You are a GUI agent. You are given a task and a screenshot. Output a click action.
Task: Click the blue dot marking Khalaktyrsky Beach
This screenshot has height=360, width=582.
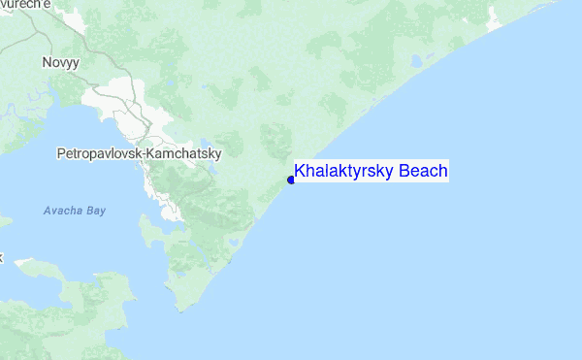click(291, 180)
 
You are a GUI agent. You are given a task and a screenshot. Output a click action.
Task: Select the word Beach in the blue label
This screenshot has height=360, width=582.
click(422, 172)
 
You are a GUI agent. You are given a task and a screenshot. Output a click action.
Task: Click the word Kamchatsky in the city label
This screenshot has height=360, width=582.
click(184, 153)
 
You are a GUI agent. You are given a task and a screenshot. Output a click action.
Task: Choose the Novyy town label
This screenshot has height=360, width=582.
click(60, 61)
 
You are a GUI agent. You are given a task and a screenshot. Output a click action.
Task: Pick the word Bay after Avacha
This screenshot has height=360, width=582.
click(95, 211)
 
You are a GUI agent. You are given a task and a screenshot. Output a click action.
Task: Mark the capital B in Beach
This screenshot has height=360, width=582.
click(403, 172)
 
